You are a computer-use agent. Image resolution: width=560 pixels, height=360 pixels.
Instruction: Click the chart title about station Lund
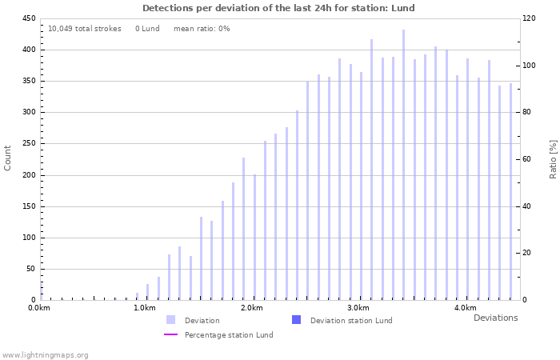[x=278, y=8]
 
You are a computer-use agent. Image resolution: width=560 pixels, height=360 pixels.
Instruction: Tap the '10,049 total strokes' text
[x=85, y=29]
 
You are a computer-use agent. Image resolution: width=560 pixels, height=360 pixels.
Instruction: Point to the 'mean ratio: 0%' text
[x=202, y=29]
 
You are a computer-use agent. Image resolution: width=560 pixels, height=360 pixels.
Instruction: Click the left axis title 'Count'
[x=8, y=158]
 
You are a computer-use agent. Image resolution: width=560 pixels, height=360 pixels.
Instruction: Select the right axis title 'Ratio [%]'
[x=553, y=158]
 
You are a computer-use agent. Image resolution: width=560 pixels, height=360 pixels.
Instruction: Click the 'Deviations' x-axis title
[x=495, y=318]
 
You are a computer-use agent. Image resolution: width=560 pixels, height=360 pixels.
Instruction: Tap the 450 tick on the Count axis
[x=28, y=18]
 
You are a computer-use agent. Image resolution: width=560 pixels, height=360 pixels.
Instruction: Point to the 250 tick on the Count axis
[x=28, y=143]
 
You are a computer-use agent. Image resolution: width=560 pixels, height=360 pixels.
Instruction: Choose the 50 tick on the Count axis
[x=30, y=269]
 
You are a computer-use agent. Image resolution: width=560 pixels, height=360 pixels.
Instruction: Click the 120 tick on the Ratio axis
[x=530, y=18]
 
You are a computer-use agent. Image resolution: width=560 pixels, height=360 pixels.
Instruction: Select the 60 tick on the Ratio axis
[x=528, y=159]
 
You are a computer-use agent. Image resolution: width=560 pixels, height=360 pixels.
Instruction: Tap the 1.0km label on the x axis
[x=145, y=308]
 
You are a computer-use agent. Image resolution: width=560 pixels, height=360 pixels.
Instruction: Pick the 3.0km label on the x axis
[x=358, y=308]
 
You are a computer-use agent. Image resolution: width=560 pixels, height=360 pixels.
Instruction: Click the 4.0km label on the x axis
[x=465, y=308]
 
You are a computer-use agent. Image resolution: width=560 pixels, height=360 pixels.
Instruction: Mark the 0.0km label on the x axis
[x=38, y=308]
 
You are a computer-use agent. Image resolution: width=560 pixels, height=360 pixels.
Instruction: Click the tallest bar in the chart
[x=403, y=165]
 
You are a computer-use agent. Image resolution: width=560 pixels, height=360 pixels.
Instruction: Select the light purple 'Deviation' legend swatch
[x=170, y=320]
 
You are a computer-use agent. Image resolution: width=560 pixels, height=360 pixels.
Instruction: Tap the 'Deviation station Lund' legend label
[x=351, y=321]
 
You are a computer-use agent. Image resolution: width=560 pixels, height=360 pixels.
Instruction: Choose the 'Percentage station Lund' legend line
[x=170, y=334]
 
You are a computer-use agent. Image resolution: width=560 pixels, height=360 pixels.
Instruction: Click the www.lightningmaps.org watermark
[x=45, y=354]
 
